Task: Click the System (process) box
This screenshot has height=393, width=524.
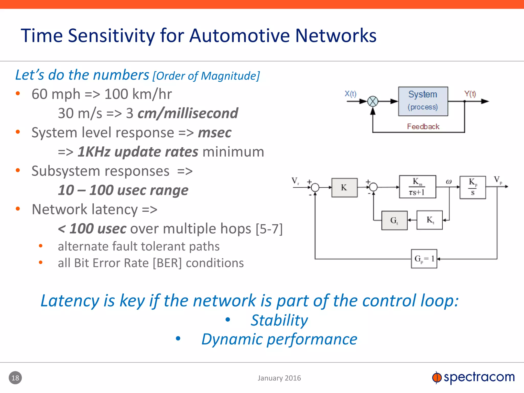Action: click(423, 101)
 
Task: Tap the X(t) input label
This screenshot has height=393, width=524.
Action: click(350, 94)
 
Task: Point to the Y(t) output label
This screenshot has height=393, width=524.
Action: click(470, 94)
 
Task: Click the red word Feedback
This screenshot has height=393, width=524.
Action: click(423, 126)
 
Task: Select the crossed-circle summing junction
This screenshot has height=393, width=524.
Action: click(373, 101)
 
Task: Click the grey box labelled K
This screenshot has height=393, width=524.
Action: click(344, 188)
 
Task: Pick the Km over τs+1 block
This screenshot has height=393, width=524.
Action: click(417, 187)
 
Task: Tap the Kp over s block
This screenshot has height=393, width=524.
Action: click(472, 187)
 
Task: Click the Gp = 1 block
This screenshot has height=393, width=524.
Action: click(424, 259)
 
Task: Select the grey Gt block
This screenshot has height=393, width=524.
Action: click(394, 220)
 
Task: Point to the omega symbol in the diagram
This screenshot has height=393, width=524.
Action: click(449, 182)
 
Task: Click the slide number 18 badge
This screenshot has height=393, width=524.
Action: click(15, 378)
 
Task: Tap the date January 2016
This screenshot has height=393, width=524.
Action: click(279, 378)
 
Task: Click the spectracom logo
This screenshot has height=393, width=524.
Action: click(473, 377)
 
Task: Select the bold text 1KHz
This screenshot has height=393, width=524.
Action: click(94, 152)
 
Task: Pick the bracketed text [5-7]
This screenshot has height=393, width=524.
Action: click(269, 228)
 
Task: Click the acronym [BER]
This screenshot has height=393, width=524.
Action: click(167, 263)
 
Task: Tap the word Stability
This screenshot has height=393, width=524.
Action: click(279, 320)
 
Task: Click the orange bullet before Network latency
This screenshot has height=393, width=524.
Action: click(18, 209)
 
